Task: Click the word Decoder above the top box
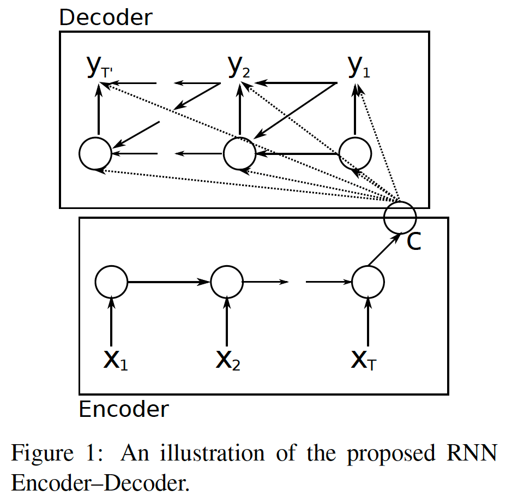point(106,17)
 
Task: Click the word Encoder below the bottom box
point(124,409)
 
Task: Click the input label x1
point(116,360)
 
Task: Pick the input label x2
point(227,360)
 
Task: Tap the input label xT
point(364,360)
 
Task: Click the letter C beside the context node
point(414,242)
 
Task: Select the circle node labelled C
point(400,217)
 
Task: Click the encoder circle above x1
point(111,282)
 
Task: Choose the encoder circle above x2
point(226,282)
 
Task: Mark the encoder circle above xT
point(368,282)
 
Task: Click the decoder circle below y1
point(355,153)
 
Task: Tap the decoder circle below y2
point(240,153)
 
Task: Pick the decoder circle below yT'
point(95,153)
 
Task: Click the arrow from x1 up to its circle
point(111,321)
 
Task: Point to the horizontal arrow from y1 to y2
point(294,83)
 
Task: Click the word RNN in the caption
point(473,453)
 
